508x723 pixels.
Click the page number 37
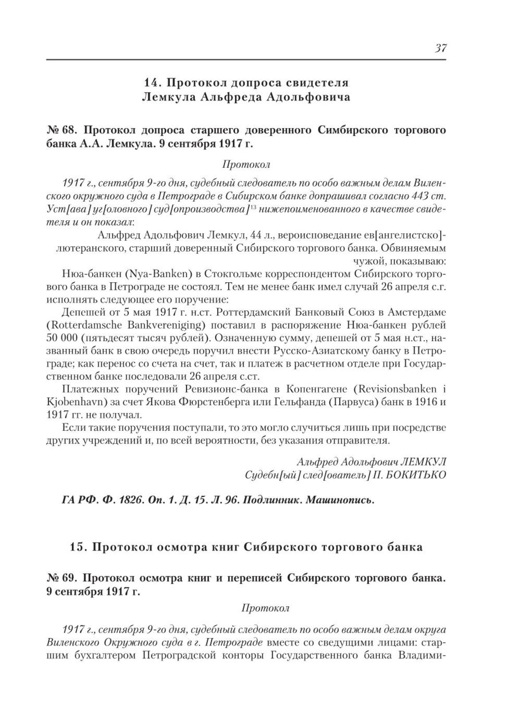[x=440, y=48]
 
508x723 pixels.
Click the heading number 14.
[x=152, y=82]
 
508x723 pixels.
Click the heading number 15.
[x=78, y=547]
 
